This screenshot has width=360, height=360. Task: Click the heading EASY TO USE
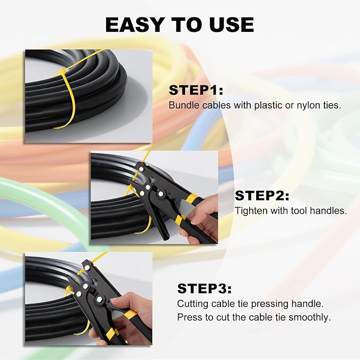click(179, 24)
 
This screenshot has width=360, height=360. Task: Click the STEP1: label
click(196, 90)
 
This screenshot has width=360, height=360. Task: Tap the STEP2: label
click(262, 196)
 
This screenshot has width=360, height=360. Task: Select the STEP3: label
click(204, 288)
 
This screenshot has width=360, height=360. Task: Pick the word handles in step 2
click(330, 210)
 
